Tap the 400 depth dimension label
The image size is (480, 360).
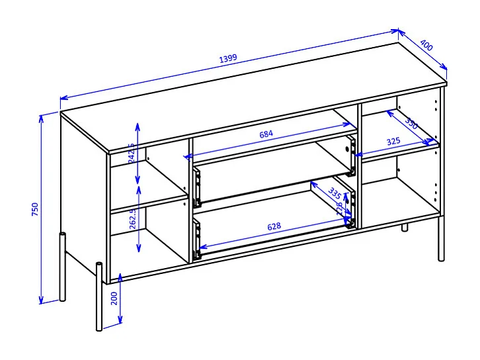tap(426, 46)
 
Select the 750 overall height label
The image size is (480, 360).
tap(35, 209)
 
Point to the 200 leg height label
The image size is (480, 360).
tap(114, 298)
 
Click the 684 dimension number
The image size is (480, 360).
tap(266, 134)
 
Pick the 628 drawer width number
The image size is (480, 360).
tap(274, 226)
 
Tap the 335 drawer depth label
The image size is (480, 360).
tap(334, 194)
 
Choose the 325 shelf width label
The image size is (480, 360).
tap(393, 141)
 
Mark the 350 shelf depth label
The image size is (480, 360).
tap(411, 124)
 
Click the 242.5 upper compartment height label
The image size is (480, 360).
tap(131, 153)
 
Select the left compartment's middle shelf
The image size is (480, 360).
tap(149, 201)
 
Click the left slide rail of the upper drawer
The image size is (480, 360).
tap(197, 186)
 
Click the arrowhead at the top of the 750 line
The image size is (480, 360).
tap(42, 117)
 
